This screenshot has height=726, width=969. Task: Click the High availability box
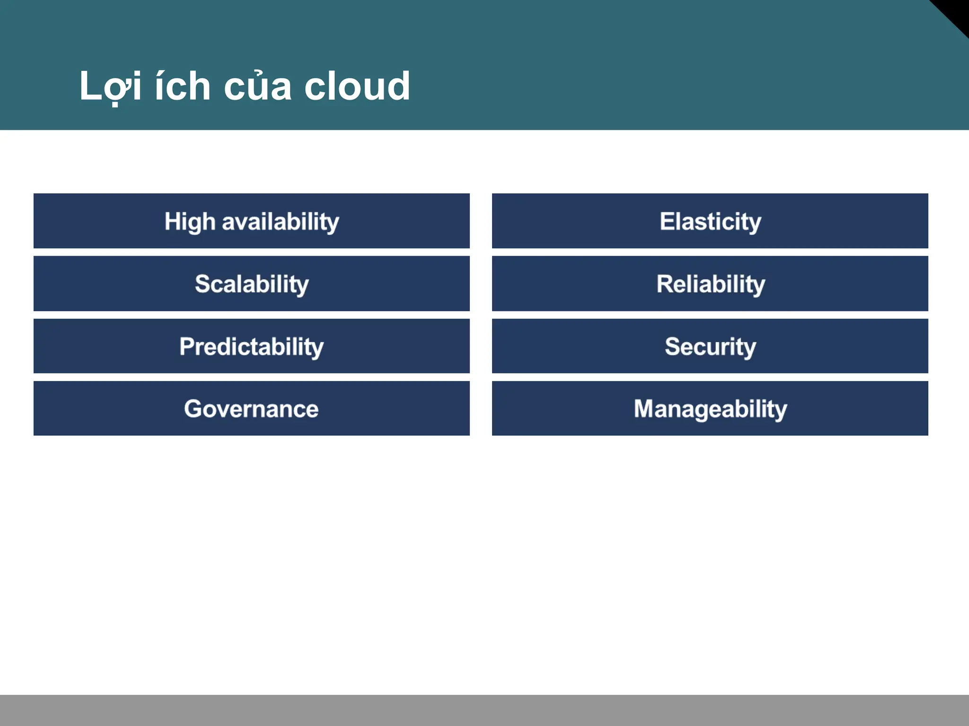tap(251, 221)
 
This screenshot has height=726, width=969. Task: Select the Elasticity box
tap(710, 221)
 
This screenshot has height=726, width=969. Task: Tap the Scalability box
tap(251, 284)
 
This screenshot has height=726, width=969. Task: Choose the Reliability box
tap(710, 284)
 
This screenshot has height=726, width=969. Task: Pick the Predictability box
tap(251, 346)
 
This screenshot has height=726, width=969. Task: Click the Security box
tap(710, 346)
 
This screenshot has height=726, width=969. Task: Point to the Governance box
tap(251, 408)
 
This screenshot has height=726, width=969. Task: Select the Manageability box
tap(710, 408)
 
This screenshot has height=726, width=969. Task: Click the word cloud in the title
tap(357, 86)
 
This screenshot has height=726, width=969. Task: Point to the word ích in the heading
tap(183, 86)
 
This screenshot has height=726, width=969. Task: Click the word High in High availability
tap(190, 222)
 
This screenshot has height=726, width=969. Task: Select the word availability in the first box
tap(281, 222)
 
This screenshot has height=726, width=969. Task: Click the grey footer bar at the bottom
tap(484, 710)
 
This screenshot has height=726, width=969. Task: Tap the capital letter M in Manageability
tap(644, 408)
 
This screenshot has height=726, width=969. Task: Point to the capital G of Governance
tap(194, 409)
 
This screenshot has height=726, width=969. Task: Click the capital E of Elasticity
tap(667, 221)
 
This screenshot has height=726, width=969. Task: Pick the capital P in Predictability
tap(186, 346)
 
